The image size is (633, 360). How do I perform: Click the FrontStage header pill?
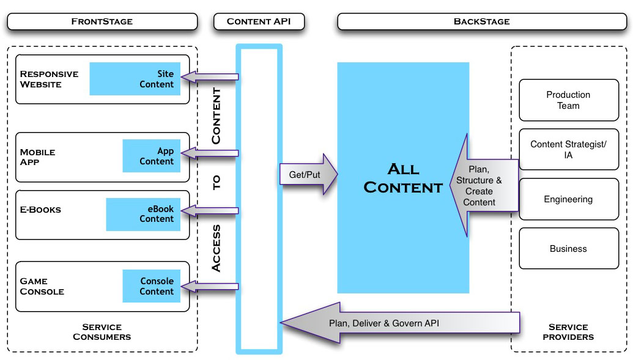click(102, 21)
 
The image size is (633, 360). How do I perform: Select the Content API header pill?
click(259, 21)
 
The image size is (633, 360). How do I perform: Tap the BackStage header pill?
click(481, 21)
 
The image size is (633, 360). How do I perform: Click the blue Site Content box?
click(135, 79)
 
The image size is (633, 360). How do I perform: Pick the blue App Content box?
click(152, 156)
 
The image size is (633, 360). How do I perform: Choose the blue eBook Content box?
click(143, 214)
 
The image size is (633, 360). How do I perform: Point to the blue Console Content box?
click(152, 286)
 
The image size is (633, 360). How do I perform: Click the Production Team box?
click(568, 100)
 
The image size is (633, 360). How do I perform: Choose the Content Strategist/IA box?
click(568, 150)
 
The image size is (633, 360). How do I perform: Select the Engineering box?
click(568, 199)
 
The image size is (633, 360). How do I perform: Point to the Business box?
click(568, 249)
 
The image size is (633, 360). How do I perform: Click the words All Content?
click(403, 178)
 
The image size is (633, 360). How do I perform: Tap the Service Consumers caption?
click(102, 332)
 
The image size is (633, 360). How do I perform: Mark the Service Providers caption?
click(568, 332)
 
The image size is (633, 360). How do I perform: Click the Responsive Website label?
click(49, 79)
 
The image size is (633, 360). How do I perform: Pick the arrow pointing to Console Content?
click(211, 285)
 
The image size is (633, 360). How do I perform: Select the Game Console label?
click(42, 286)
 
